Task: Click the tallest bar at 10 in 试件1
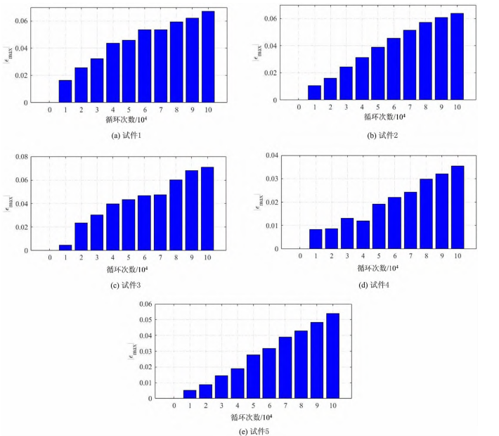coord(208,57)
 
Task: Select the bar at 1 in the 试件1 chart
coord(65,91)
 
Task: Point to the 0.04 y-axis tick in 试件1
coord(20,49)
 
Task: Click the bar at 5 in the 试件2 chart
coord(378,74)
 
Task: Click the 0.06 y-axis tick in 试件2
coord(270,19)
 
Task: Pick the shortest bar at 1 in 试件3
coord(65,248)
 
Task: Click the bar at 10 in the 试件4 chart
coord(458,207)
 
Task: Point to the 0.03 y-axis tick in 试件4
coord(271,179)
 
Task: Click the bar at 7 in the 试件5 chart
coord(285,368)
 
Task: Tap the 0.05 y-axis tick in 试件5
coord(146,319)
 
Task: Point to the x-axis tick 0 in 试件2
coord(299,107)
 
